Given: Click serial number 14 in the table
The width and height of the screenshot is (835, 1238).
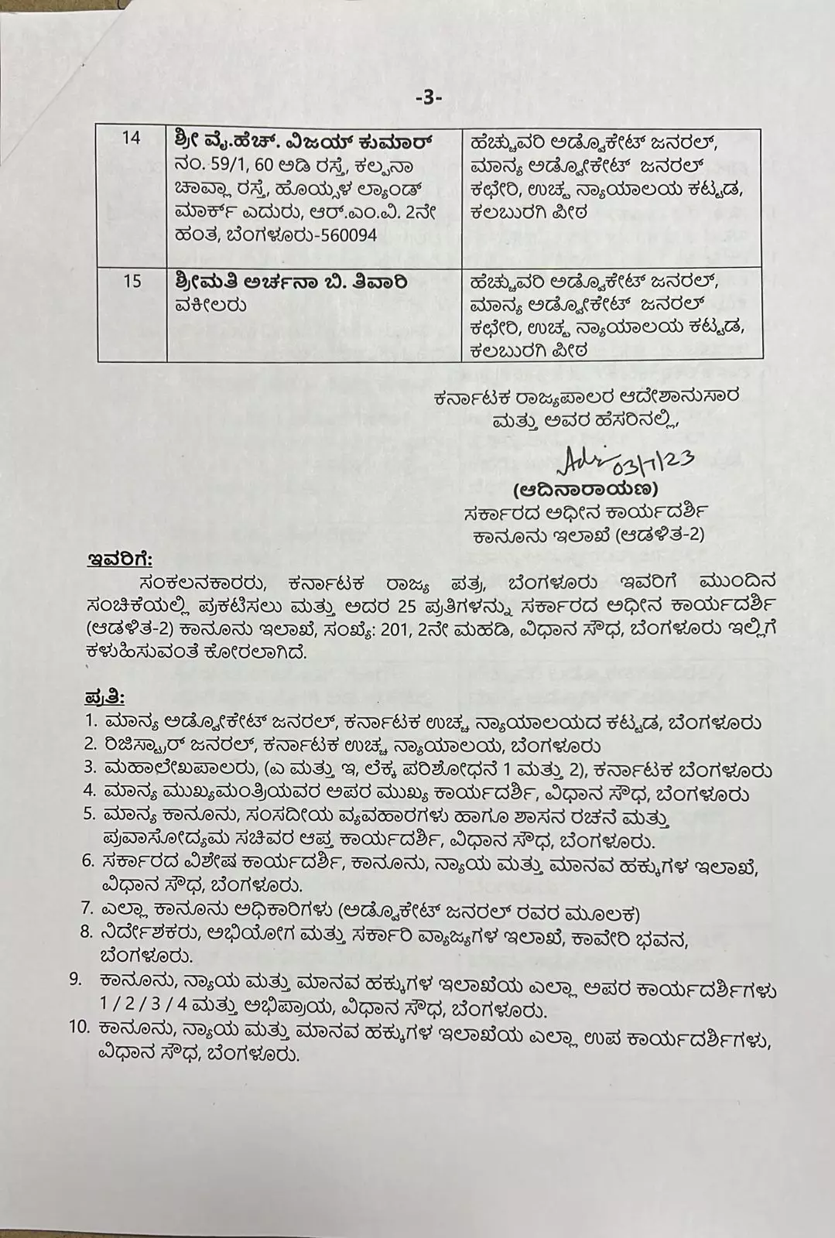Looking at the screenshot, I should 132,139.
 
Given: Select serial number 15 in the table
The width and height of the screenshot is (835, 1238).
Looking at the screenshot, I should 132,280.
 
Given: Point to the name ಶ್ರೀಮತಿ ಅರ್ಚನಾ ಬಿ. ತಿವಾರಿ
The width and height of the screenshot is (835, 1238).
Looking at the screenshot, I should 290,281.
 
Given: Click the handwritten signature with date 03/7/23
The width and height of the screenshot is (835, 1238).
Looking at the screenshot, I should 624,460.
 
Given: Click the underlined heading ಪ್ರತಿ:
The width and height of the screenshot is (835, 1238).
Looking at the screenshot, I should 104,697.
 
